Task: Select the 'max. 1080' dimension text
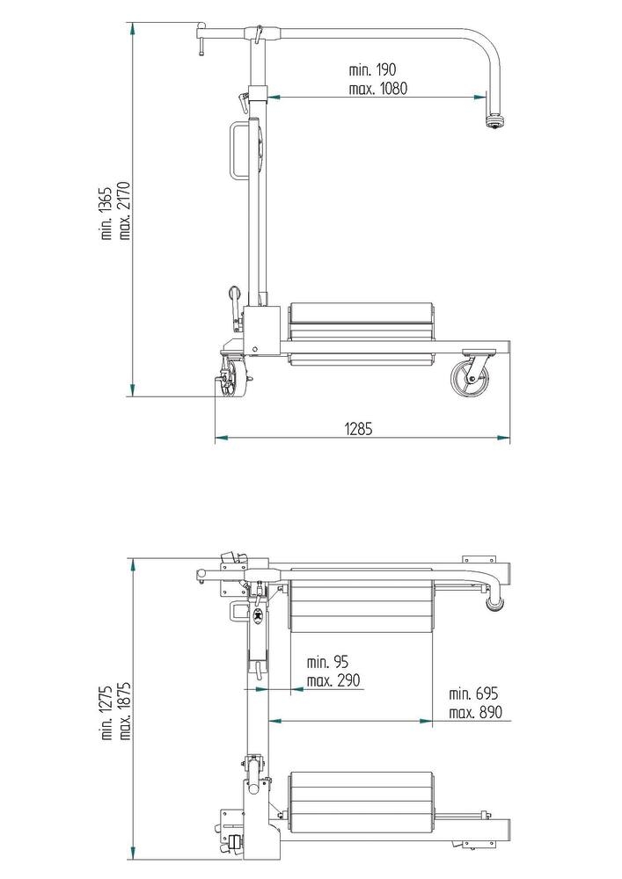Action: pyautogui.click(x=378, y=88)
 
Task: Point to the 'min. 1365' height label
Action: pyautogui.click(x=106, y=212)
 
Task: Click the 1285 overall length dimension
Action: pyautogui.click(x=359, y=429)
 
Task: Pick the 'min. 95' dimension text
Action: pyautogui.click(x=327, y=662)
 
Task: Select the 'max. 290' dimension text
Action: pyautogui.click(x=333, y=679)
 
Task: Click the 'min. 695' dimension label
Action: pyautogui.click(x=474, y=694)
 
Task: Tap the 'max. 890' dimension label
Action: pyautogui.click(x=475, y=712)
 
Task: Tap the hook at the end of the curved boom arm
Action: pyautogui.click(x=494, y=120)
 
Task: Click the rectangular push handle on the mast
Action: pyautogui.click(x=238, y=150)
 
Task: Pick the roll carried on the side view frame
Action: pyautogui.click(x=362, y=332)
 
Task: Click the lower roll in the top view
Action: pyautogui.click(x=362, y=801)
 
